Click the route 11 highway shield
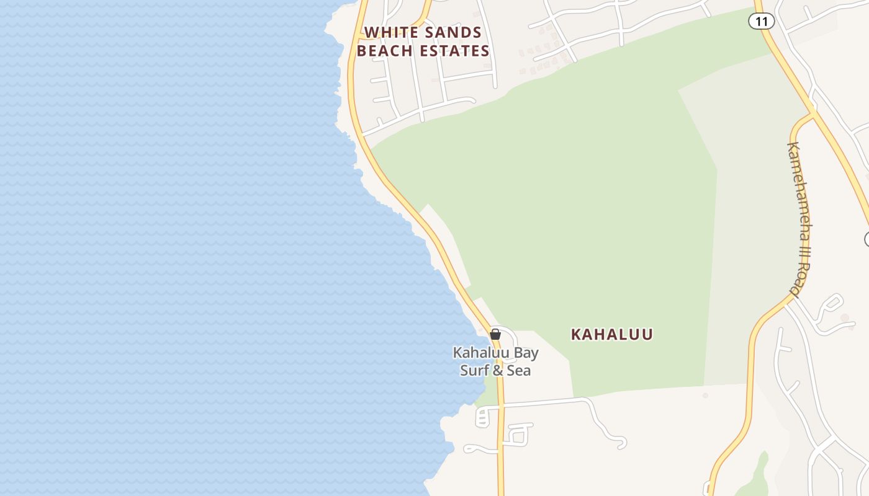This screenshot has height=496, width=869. [762, 21]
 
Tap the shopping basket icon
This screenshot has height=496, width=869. [495, 334]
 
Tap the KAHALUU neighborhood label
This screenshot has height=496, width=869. [611, 334]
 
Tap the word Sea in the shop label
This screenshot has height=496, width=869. [520, 371]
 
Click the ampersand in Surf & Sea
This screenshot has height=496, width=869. [498, 371]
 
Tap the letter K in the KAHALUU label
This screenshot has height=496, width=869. [576, 334]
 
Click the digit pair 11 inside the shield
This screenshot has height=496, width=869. [762, 21]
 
